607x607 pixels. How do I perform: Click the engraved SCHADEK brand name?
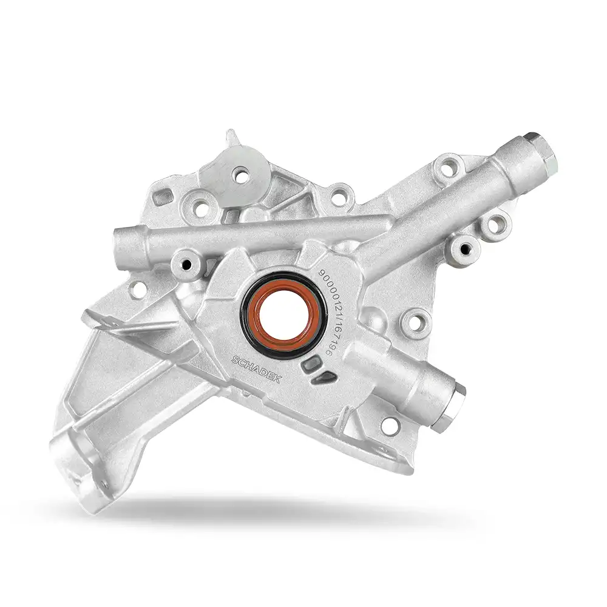coord(256,370)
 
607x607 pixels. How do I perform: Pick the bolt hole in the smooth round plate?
coord(242,175)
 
